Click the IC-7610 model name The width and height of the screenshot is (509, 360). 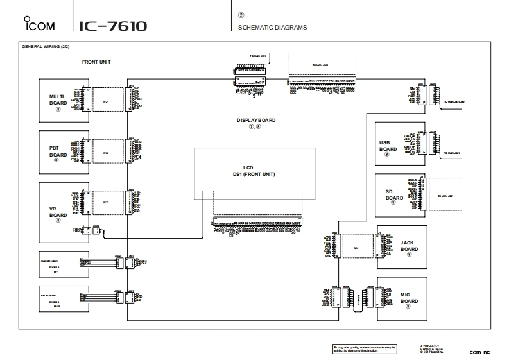[x=113, y=26]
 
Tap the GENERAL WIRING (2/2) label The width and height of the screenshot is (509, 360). [x=46, y=47]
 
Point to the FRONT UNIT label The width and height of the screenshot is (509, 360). [x=96, y=62]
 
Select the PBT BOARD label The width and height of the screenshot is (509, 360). [x=58, y=151]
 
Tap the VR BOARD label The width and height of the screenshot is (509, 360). [x=58, y=211]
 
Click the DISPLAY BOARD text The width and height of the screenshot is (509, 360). [x=256, y=120]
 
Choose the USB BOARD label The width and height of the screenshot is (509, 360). [x=388, y=146]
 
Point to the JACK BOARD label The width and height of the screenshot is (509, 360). [x=410, y=246]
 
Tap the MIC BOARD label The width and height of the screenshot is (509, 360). [x=410, y=298]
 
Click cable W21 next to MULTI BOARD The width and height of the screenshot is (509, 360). [x=106, y=101]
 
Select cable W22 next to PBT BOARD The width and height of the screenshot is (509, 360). [x=106, y=153]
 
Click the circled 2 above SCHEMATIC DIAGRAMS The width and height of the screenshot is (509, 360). [x=241, y=14]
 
